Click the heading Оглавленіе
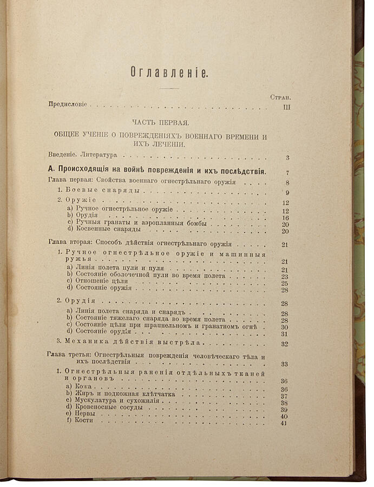(x=169, y=73)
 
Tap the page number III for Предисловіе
(x=287, y=108)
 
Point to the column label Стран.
(x=280, y=97)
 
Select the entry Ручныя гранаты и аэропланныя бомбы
(x=138, y=223)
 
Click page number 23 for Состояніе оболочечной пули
(x=285, y=277)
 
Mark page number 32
(x=285, y=344)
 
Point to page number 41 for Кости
(x=285, y=423)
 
